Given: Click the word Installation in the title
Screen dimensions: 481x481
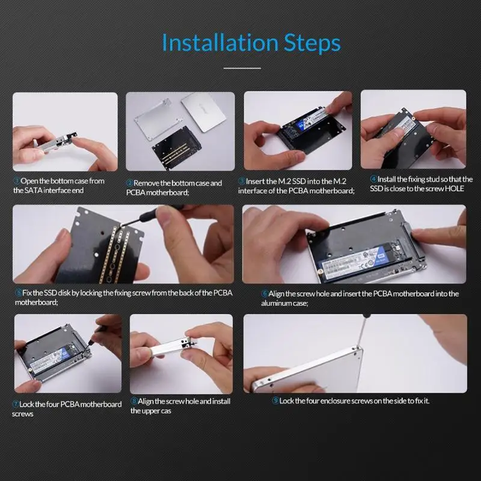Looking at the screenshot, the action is pyautogui.click(x=220, y=42).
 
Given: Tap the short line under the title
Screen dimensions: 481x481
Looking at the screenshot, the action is pyautogui.click(x=242, y=68).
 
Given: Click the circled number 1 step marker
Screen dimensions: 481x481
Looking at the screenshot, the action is pyautogui.click(x=16, y=181).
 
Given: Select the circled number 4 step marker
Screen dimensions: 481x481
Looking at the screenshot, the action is pyautogui.click(x=373, y=179).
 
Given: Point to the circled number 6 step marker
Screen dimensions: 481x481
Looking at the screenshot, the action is pyautogui.click(x=265, y=293).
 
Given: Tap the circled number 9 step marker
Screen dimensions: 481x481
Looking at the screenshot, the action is pyautogui.click(x=275, y=400).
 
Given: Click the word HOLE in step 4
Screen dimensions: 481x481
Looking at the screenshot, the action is pyautogui.click(x=455, y=189).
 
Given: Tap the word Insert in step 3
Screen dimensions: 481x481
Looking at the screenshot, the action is pyautogui.click(x=254, y=182).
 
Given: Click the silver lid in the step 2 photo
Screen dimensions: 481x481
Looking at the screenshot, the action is pyautogui.click(x=204, y=112).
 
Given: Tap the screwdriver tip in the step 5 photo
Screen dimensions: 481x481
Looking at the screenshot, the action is pyautogui.click(x=121, y=226).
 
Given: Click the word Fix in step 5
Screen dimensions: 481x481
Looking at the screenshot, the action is pyautogui.click(x=26, y=293).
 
